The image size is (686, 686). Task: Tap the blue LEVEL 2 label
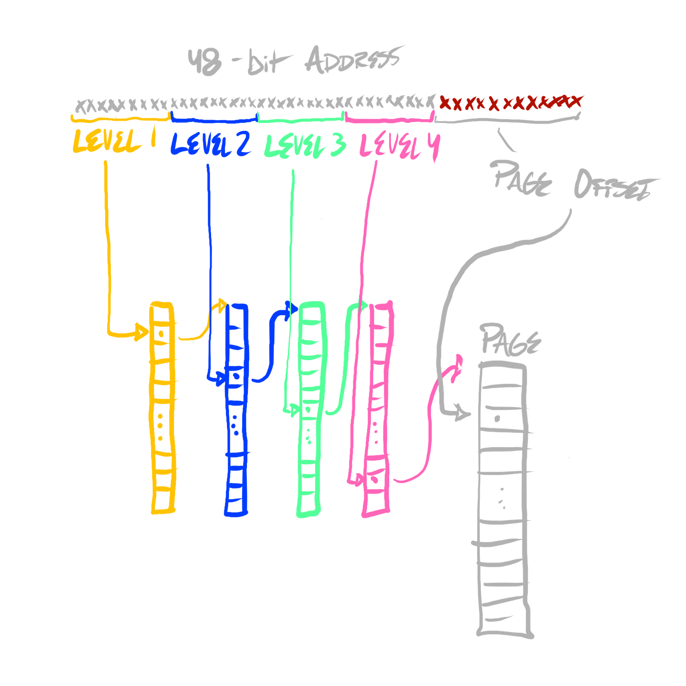pos(210,144)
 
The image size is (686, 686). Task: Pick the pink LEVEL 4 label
pos(399,146)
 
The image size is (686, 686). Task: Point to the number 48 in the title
pos(204,61)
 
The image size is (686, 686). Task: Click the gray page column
pos(503,499)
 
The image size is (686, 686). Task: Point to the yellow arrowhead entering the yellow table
pos(140,332)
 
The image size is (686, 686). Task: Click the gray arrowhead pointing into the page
pos(462,414)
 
